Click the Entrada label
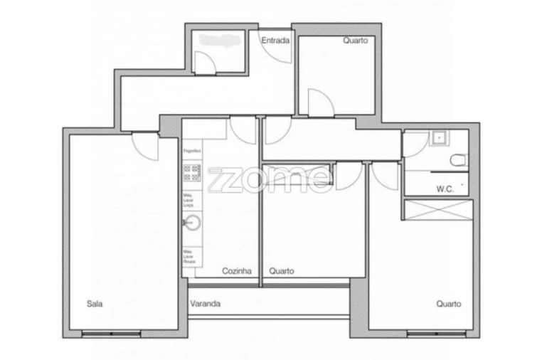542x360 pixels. pos(275,41)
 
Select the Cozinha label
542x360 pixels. pos(237,271)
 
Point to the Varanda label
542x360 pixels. pos(205,304)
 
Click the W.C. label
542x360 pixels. pos(445,189)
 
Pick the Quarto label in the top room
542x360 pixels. pos(355,41)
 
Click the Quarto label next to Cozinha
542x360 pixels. pos(282,271)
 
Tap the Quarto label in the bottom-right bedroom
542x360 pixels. pos(448,304)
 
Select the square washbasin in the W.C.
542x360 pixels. pos(439,137)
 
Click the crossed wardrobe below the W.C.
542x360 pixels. pos(438,210)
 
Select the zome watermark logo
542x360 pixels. pos(270,179)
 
